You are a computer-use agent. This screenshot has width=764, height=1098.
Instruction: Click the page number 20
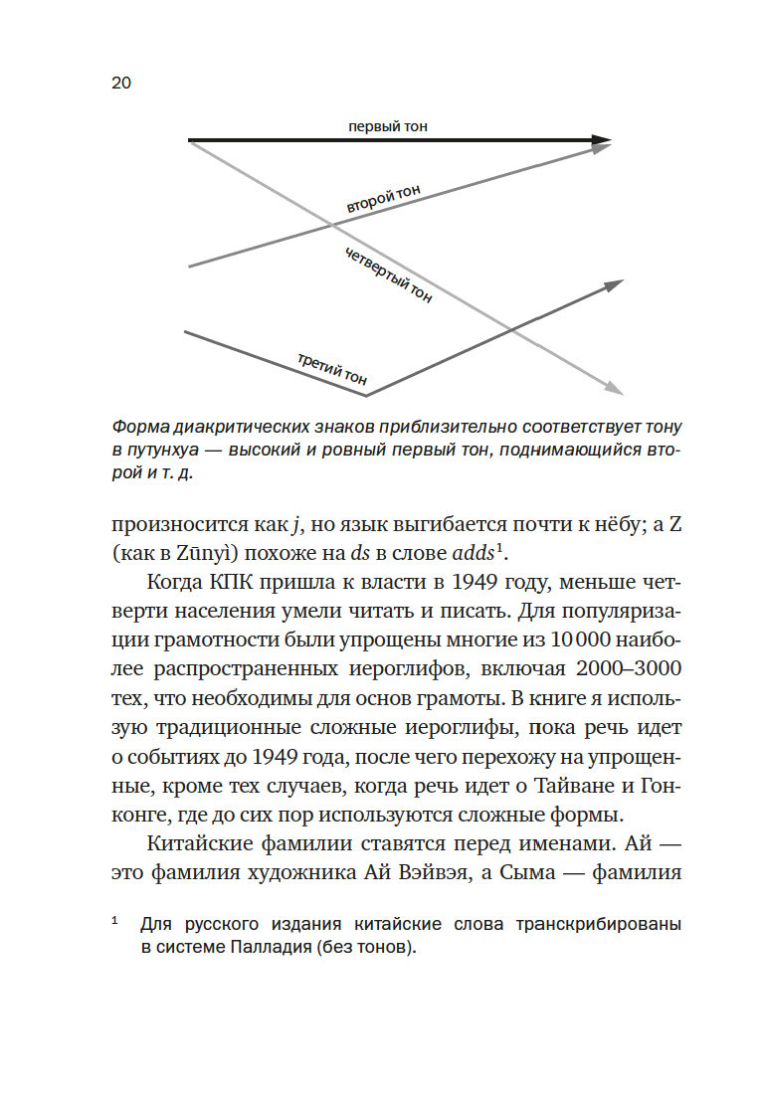point(121,83)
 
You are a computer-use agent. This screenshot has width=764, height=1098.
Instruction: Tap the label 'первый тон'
point(388,126)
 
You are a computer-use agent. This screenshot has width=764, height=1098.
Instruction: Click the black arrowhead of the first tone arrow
point(600,141)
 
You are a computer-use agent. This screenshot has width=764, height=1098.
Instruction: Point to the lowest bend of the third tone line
point(366,395)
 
